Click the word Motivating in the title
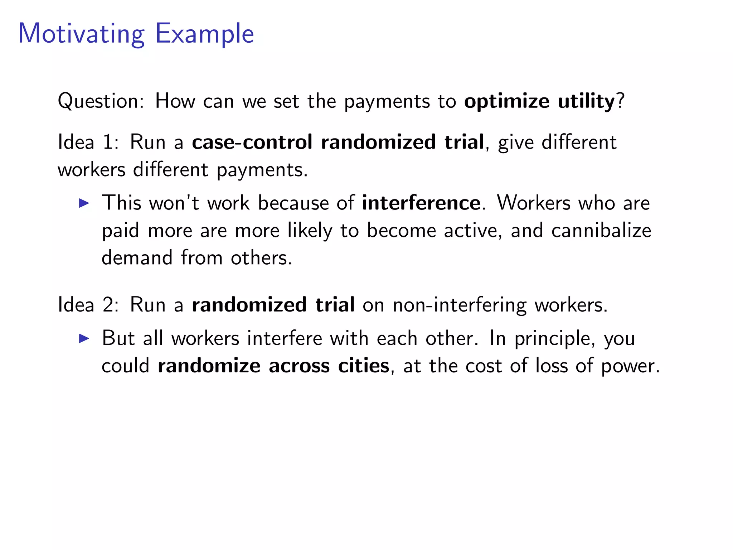[x=81, y=34]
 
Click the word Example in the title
[x=204, y=34]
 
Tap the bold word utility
[x=586, y=101]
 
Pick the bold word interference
[x=421, y=203]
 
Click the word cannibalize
[x=601, y=230]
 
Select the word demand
[x=137, y=258]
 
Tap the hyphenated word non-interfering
[x=460, y=305]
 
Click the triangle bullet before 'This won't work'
[x=84, y=203]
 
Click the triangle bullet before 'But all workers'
[x=84, y=338]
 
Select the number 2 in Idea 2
[x=108, y=305]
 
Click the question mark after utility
[x=620, y=101]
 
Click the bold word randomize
[x=209, y=366]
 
